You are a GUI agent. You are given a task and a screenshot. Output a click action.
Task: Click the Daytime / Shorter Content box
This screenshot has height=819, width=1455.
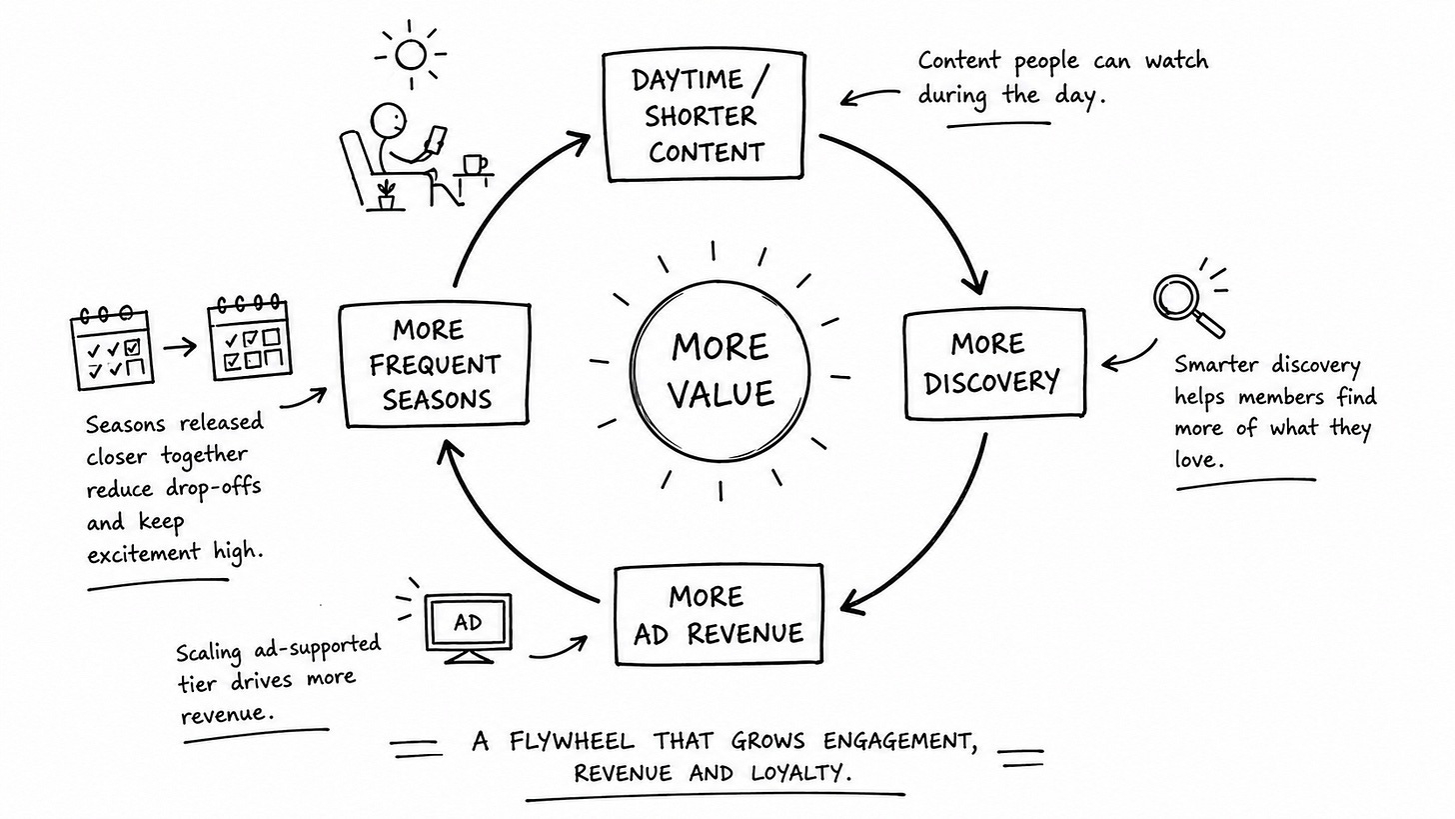coord(705,116)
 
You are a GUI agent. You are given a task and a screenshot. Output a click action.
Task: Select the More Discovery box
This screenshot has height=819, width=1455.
coord(994,363)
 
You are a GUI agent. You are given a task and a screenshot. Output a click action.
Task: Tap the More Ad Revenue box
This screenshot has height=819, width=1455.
coord(719,615)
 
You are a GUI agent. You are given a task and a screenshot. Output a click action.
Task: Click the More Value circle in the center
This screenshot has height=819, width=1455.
coord(720,371)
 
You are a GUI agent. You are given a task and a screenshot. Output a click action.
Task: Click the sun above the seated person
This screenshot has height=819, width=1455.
coord(411,55)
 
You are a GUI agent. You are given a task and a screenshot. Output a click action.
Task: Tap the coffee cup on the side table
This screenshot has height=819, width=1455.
coord(474,164)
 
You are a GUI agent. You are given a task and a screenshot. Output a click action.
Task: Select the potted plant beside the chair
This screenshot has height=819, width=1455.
coord(387,195)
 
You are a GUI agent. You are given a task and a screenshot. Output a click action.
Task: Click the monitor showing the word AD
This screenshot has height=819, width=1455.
coord(469,628)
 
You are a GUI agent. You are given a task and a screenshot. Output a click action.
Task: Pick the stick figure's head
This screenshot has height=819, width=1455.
coord(389,120)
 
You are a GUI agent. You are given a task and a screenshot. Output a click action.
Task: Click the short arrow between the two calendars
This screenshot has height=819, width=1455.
coord(180,347)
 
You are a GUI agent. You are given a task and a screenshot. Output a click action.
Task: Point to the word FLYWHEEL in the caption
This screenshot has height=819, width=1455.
coord(572,741)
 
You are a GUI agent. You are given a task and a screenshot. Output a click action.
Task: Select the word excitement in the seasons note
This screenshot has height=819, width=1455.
coord(144,554)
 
